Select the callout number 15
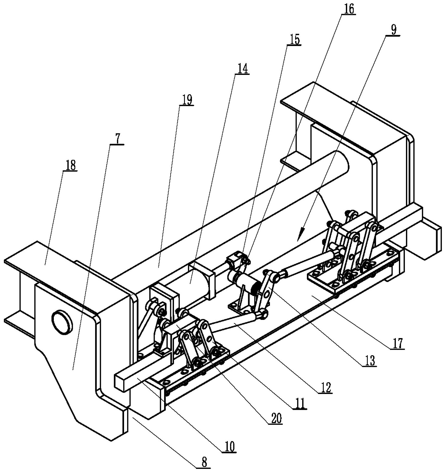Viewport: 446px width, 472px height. point(294,40)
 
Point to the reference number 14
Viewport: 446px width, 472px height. point(242,69)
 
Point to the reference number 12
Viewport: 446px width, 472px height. point(325,387)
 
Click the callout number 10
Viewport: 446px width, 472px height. point(229,447)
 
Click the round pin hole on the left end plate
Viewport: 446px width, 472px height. point(62,321)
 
